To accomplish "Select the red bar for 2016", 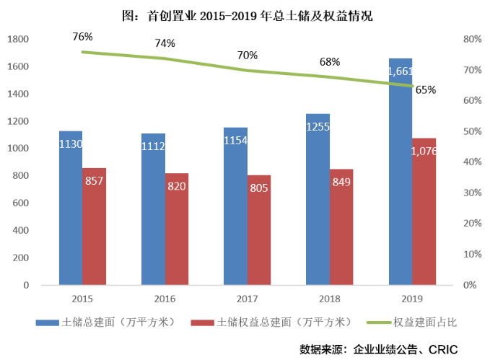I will point(176,229).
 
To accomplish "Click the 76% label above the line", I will point(82,36).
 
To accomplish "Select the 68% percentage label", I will point(330,61).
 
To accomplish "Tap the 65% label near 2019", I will point(426,90).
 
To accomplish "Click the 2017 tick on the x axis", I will point(247,299).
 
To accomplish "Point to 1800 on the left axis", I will point(20,39).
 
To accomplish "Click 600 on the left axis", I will point(22,203).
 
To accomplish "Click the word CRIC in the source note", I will point(444,348).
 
